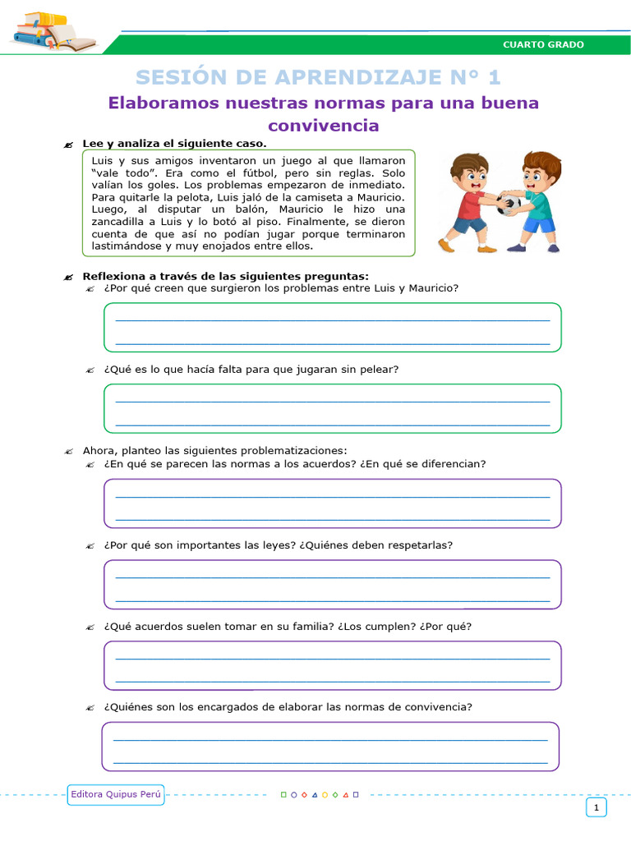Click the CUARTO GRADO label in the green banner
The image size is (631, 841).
click(x=543, y=44)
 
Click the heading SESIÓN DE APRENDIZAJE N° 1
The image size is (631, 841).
click(x=318, y=77)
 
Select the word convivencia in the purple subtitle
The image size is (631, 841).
click(x=324, y=126)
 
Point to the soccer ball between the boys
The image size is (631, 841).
click(x=507, y=205)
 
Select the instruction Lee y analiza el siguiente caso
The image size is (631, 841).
click(x=174, y=144)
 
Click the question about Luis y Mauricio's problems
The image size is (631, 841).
click(x=281, y=288)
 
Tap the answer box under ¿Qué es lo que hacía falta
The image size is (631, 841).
click(x=332, y=408)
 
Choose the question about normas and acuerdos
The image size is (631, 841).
click(x=295, y=464)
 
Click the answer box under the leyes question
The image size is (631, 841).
click(x=332, y=584)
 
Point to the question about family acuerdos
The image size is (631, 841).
click(x=288, y=627)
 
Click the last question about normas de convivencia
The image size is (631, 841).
click(x=288, y=707)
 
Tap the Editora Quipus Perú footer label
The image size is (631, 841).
click(x=116, y=794)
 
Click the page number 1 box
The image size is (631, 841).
click(x=596, y=808)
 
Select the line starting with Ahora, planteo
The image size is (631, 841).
click(x=214, y=450)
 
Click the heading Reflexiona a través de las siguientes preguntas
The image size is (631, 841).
click(x=225, y=276)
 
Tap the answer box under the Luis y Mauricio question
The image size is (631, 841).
click(x=332, y=327)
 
